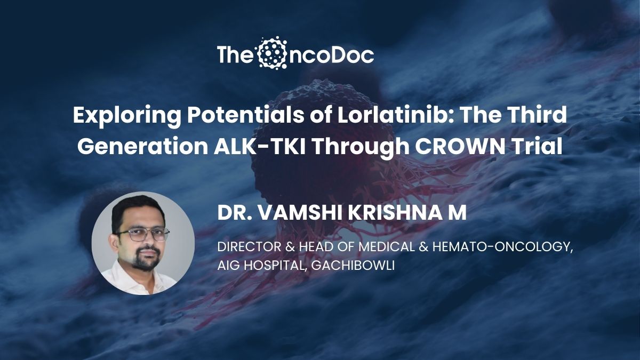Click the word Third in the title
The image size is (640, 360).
click(538, 115)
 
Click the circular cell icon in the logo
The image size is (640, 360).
click(271, 53)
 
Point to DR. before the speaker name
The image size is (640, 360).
click(235, 213)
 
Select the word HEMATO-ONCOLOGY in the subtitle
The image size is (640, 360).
click(502, 247)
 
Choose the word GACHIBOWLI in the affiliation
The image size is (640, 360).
click(353, 266)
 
